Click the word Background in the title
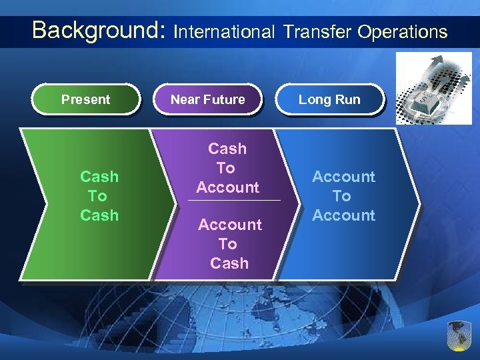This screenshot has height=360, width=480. point(98,30)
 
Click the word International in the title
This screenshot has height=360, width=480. point(224,31)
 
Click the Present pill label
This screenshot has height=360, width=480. point(85,100)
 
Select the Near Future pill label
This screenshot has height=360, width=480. point(208,100)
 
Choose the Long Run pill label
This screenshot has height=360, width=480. point(329,100)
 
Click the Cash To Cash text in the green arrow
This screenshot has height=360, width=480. point(99,196)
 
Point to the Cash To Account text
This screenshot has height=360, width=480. point(227,168)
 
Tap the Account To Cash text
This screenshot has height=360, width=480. point(229,244)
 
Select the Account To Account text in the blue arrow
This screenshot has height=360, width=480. point(343,196)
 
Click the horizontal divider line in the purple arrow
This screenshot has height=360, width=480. point(235,201)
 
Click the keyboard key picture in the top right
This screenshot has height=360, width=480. point(433,89)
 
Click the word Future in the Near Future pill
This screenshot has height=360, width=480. point(223,100)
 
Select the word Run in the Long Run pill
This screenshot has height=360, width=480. point(347,100)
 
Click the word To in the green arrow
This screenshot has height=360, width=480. point(97,196)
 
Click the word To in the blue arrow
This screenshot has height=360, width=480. point(342,196)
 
